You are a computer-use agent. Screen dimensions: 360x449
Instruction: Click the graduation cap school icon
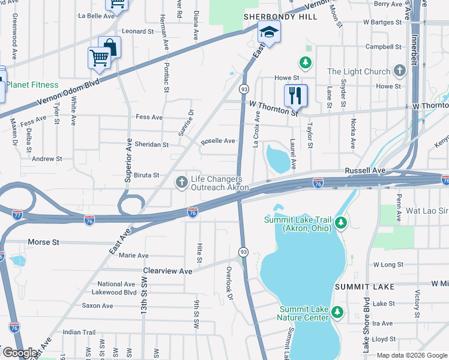click(x=270, y=32)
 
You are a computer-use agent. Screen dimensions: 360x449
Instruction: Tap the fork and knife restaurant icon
click(x=295, y=95)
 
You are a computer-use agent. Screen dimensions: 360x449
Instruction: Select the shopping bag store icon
click(x=110, y=46)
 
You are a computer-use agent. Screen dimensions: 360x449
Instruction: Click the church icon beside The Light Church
click(x=400, y=71)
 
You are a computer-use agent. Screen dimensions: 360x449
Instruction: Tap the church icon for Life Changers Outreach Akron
click(x=181, y=182)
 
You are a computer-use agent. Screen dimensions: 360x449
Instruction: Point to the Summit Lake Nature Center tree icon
click(x=337, y=312)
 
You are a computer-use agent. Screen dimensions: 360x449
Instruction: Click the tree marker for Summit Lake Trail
click(x=341, y=223)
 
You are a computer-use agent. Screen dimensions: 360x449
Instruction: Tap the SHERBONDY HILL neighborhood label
click(x=280, y=16)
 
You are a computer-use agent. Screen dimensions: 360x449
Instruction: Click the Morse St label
click(x=44, y=242)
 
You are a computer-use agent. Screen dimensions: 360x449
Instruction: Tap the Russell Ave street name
click(x=364, y=170)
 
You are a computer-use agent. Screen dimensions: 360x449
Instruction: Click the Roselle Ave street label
click(x=218, y=141)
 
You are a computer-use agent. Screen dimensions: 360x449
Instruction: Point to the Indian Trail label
click(x=79, y=332)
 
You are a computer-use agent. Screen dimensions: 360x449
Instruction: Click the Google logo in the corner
click(x=20, y=353)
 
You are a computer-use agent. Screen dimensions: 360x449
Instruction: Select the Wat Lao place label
click(x=427, y=211)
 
